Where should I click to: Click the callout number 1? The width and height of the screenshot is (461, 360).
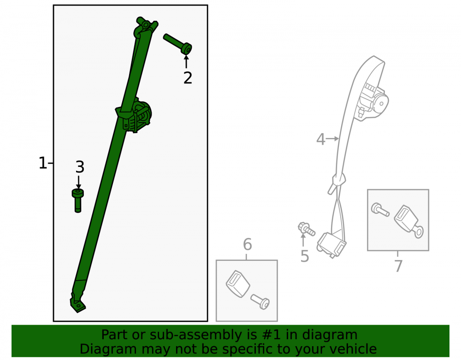tap(42, 163)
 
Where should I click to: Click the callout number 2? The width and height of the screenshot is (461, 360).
tap(188, 77)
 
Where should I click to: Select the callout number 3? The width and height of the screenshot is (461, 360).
tap(80, 167)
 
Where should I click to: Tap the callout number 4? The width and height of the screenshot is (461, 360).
tap(321, 139)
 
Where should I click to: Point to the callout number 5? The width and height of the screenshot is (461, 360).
tap(305, 256)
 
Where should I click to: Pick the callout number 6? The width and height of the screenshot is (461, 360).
tap(247, 244)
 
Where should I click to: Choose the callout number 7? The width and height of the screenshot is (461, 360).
tap(398, 266)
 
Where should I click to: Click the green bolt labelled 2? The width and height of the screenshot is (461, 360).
tap(178, 44)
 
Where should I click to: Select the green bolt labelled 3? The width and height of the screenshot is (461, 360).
tap(78, 201)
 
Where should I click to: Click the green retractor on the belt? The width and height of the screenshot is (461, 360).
tap(138, 117)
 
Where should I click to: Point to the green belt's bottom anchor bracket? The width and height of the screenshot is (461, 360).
tap(77, 303)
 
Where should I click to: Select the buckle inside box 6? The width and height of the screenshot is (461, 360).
tap(237, 283)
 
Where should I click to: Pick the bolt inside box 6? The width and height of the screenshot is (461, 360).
tap(260, 302)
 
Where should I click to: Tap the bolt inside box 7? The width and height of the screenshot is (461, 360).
tap(380, 210)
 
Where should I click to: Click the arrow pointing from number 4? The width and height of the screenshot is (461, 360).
tap(332, 138)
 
